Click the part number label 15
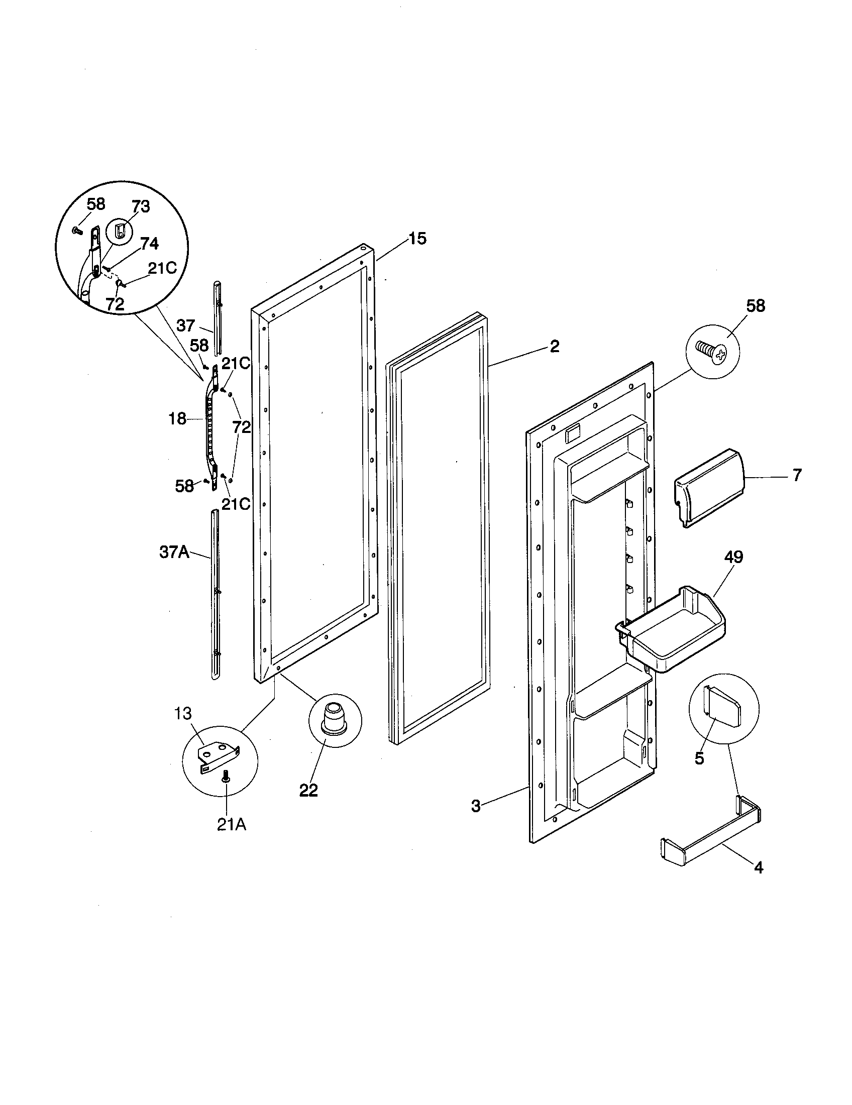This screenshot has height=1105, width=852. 417,238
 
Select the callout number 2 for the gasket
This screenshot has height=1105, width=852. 555,347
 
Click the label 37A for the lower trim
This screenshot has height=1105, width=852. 174,552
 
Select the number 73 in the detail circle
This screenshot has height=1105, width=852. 141,206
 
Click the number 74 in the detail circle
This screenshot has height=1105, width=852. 149,244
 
